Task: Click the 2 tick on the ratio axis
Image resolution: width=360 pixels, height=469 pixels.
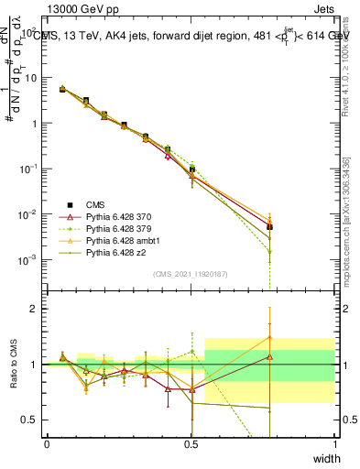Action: point(37,309)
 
